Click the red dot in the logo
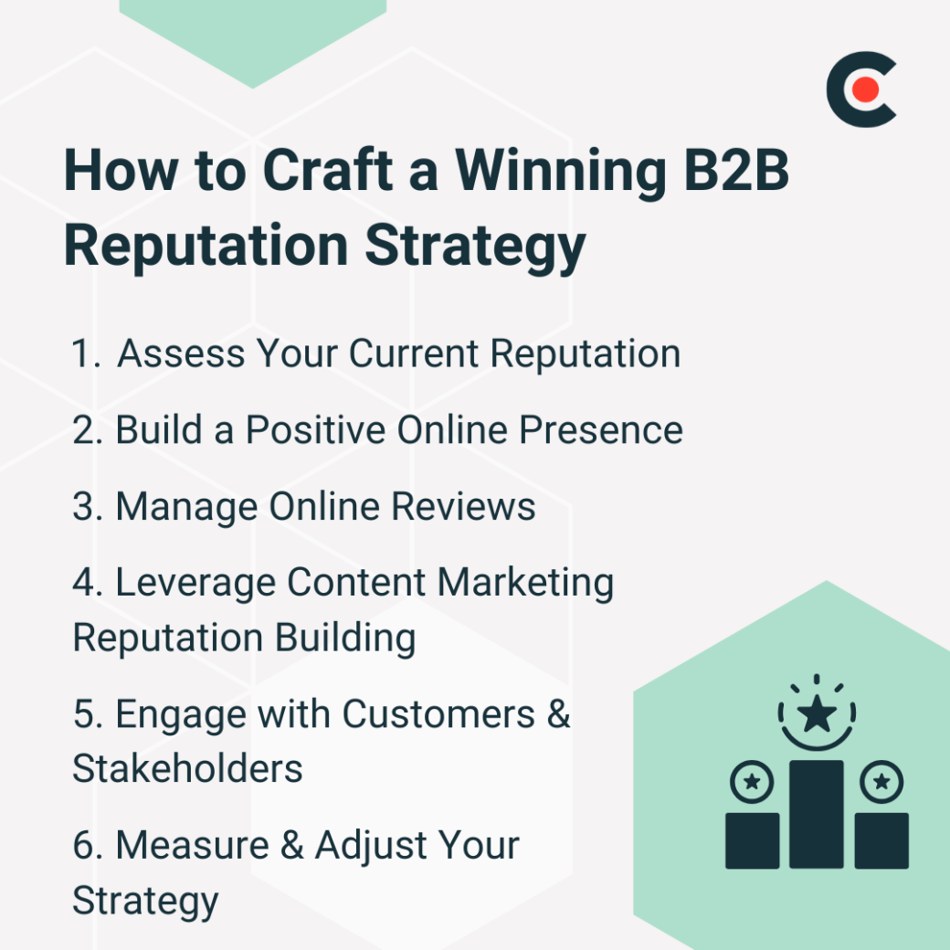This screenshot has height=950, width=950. (x=866, y=90)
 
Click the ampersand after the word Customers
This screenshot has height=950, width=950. (x=558, y=714)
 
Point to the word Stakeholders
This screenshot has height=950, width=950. (x=187, y=769)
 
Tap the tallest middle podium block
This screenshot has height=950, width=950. (x=816, y=813)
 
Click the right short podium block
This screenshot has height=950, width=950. (x=881, y=839)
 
